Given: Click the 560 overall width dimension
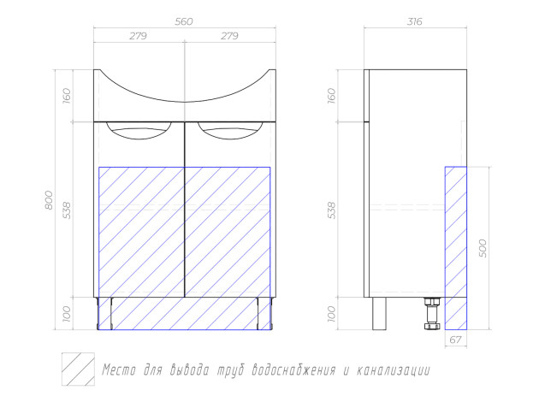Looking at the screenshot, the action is (184, 21).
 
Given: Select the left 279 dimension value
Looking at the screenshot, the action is (139, 36).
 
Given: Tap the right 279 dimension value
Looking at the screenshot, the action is (229, 36).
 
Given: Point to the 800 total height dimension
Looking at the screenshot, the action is (49, 200).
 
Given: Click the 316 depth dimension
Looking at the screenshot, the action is (415, 21).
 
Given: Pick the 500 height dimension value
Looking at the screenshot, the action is (483, 248).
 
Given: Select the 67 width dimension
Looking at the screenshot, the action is (455, 340).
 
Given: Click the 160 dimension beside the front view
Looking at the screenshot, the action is (67, 96).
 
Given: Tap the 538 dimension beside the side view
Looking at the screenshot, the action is (331, 210).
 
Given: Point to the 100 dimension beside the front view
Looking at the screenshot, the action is (67, 314).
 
